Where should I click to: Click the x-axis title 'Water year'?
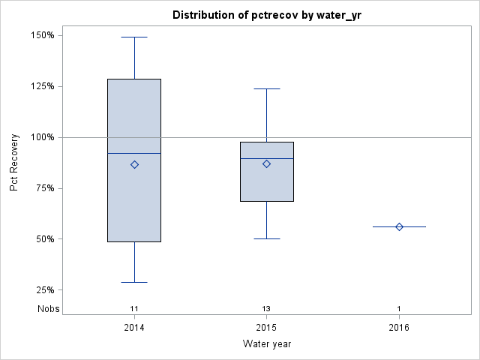pos(267,343)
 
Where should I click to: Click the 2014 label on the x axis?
pos(134,328)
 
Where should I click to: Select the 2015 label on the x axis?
pos(267,328)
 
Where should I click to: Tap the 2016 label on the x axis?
pos(399,328)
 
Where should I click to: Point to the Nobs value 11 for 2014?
pos(134,309)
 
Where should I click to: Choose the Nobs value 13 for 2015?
pos(267,309)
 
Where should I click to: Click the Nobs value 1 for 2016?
pos(399,309)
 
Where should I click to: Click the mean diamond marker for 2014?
pos(134,164)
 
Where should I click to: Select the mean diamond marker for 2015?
pos(267,163)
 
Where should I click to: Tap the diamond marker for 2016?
pos(399,226)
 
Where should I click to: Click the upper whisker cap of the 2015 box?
pos(267,88)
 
